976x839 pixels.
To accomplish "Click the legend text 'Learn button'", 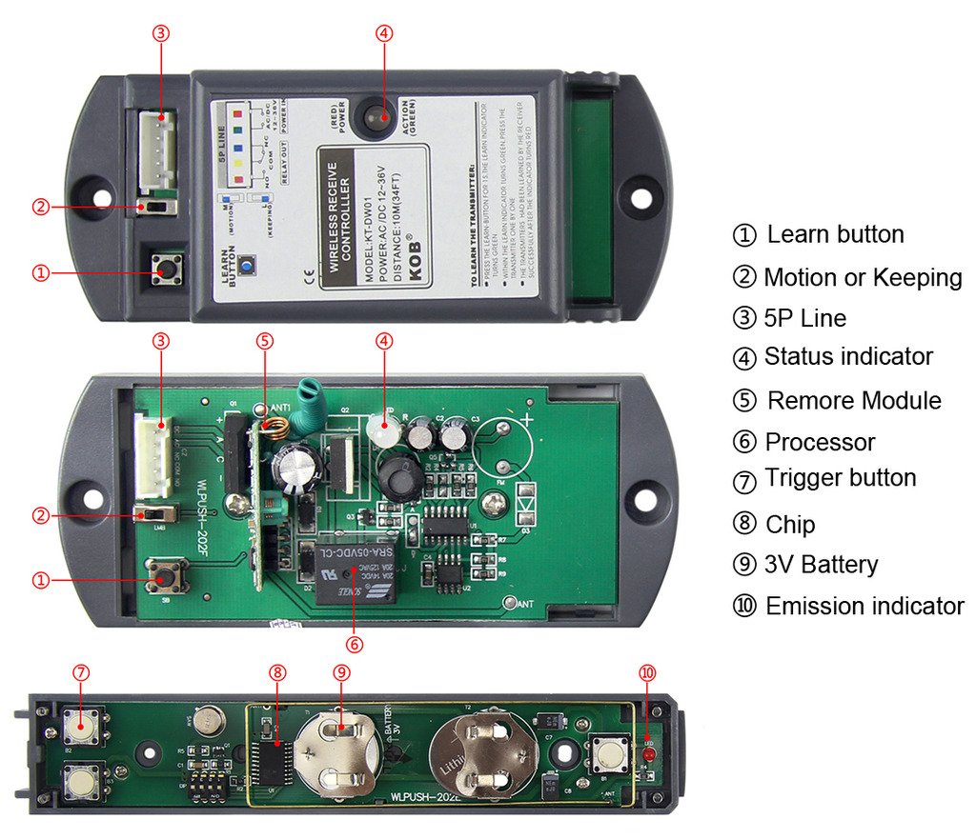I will click(835, 234).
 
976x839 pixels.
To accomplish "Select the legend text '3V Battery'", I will click(821, 565).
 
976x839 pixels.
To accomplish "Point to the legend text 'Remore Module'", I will click(853, 401).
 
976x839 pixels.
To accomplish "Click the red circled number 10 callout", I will click(648, 672).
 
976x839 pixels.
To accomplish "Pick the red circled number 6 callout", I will click(354, 644).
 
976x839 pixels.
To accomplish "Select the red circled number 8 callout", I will click(277, 672).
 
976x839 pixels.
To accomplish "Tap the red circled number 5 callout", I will click(265, 340).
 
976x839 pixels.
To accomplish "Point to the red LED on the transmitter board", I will click(645, 755).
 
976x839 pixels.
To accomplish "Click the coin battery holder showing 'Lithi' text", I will click(478, 756).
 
